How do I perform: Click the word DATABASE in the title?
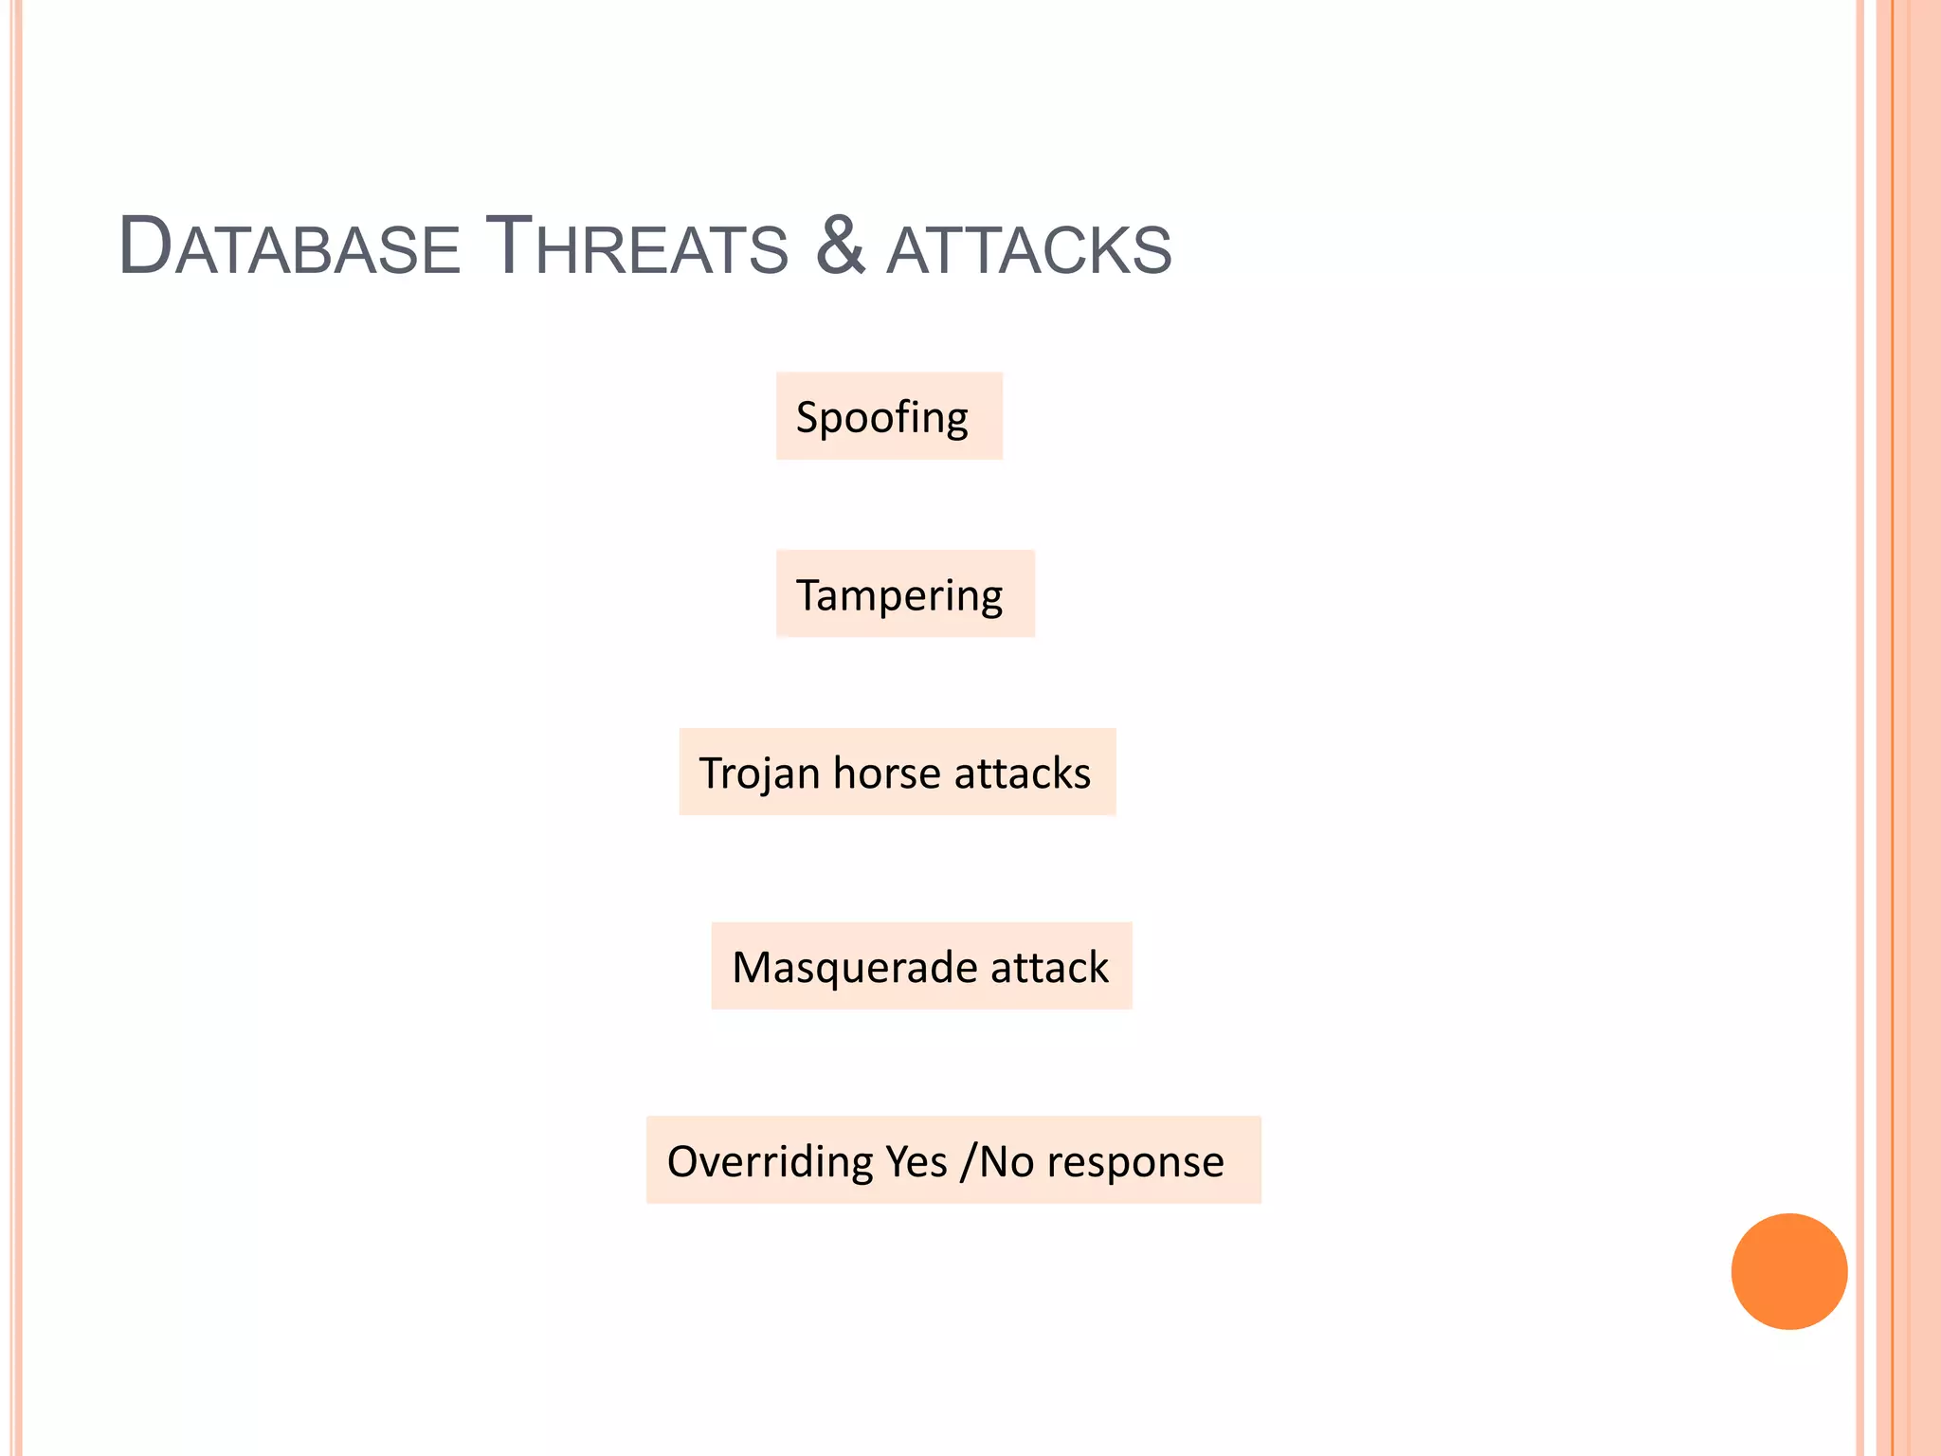click(x=289, y=248)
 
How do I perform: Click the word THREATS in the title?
click(x=636, y=248)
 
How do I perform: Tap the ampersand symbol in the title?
click(x=840, y=246)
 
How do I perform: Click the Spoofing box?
click(x=889, y=416)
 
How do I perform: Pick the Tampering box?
click(x=905, y=594)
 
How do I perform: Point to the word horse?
click(x=887, y=773)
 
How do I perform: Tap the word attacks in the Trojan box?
click(x=1023, y=773)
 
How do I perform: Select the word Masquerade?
click(x=855, y=968)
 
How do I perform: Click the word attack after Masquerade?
click(x=1049, y=968)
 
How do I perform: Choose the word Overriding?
click(x=769, y=1162)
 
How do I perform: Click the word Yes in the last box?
click(x=916, y=1162)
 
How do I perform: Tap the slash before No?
click(x=967, y=1162)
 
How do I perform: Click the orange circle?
click(x=1788, y=1271)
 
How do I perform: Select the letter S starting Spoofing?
click(x=807, y=417)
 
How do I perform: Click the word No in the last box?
click(x=1006, y=1162)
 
